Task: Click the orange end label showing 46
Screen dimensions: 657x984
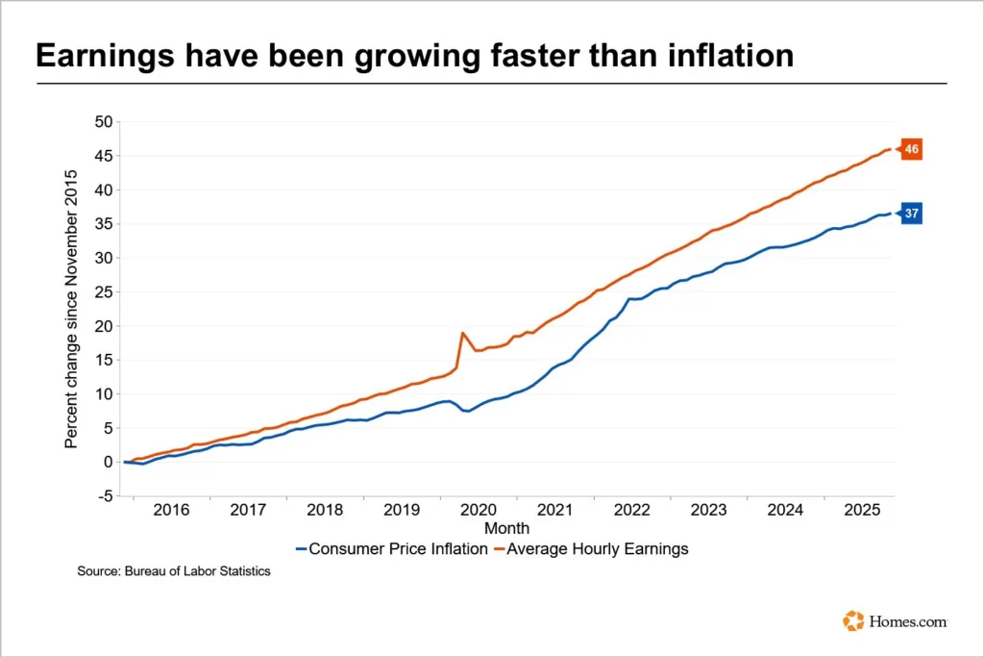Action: (911, 149)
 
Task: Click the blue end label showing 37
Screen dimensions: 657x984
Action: (911, 214)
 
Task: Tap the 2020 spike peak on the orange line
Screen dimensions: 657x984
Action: (463, 333)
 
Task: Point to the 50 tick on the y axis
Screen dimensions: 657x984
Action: (103, 121)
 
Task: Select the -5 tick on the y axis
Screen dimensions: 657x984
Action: (105, 495)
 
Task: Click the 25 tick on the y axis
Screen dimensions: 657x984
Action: (103, 291)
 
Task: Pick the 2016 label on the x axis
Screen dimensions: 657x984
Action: (171, 510)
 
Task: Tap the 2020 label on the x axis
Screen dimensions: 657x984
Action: (479, 510)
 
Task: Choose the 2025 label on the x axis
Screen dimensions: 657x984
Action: (863, 510)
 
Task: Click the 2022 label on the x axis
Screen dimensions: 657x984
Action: (632, 510)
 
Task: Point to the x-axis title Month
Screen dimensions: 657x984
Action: (506, 528)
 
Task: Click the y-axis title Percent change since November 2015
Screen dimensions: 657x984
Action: (71, 308)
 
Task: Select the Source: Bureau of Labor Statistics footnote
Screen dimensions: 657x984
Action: (174, 571)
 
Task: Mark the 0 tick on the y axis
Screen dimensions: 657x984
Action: (109, 462)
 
